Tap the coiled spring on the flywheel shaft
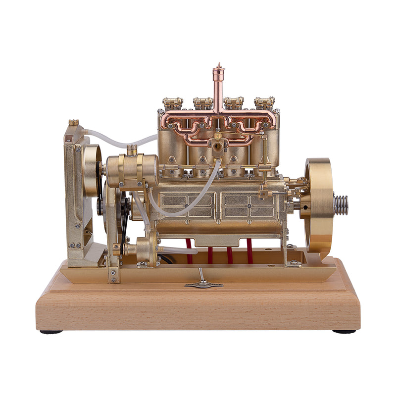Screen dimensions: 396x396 (341, 205)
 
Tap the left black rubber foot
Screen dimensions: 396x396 (51, 332)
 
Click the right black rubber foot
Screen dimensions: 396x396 (344, 332)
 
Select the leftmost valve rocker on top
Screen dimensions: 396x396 (172, 103)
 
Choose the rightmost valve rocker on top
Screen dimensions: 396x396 (264, 103)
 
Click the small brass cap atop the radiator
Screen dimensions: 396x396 (74, 122)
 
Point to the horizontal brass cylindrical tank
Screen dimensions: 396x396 (132, 171)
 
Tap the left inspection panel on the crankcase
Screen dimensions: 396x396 (187, 205)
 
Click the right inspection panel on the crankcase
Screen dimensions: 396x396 (248, 205)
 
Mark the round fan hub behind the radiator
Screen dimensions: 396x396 (92, 171)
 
